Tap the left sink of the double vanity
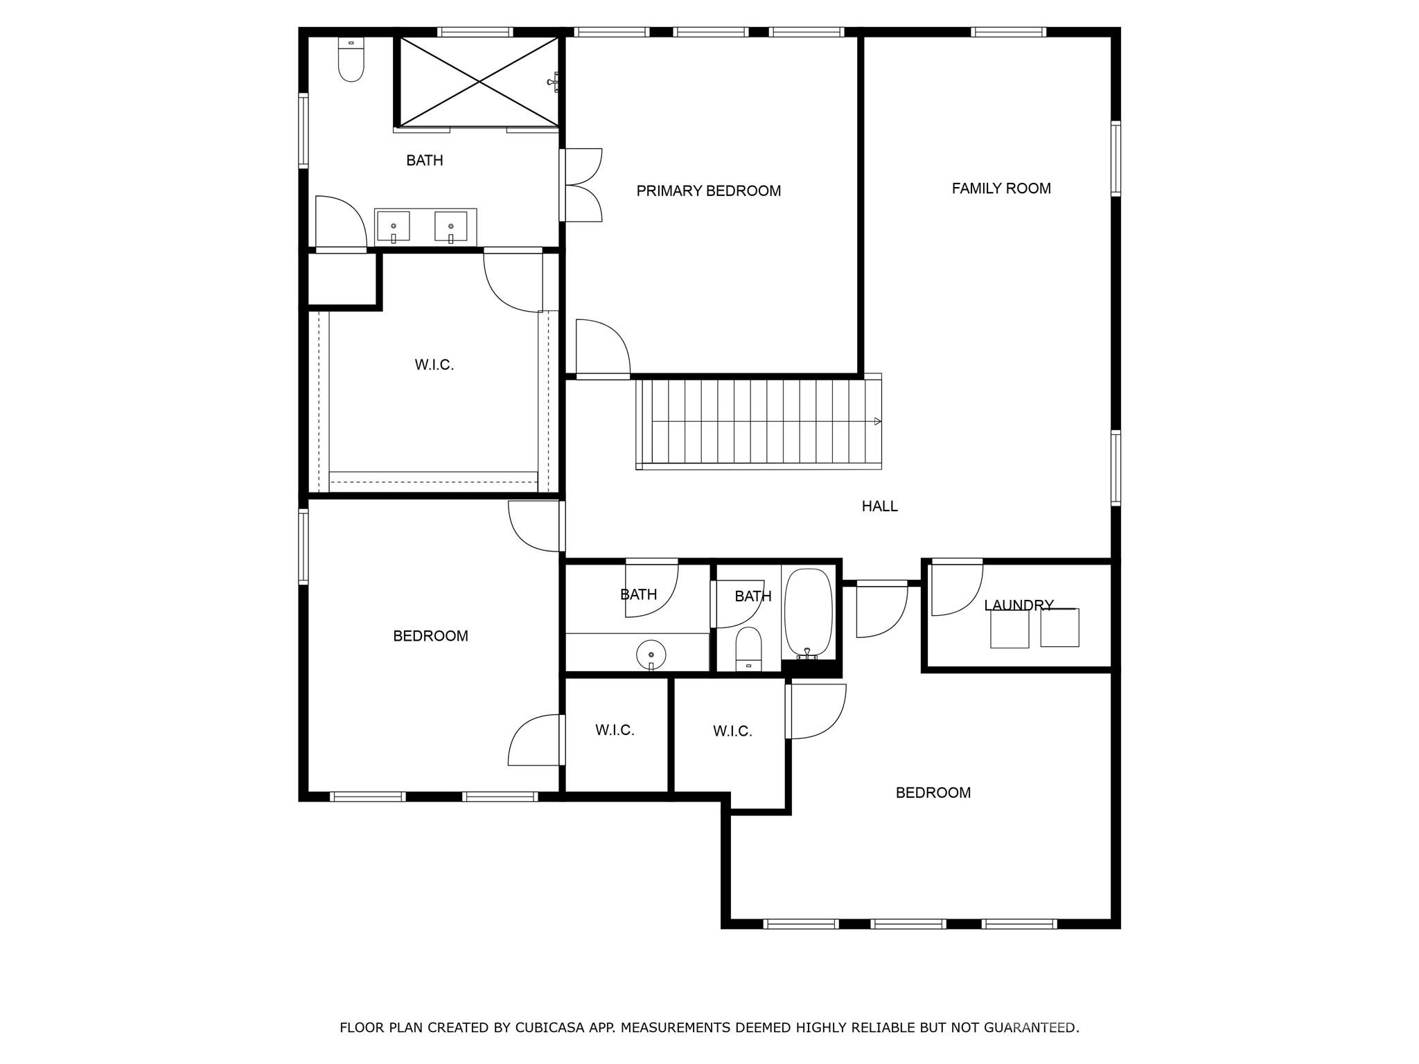coord(393,227)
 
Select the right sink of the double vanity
coord(451,227)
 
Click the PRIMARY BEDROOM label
coord(708,191)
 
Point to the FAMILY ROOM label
coord(1001,188)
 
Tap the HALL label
coord(879,506)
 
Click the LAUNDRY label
coord(1019,605)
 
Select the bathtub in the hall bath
coord(808,612)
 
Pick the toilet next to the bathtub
coord(748,649)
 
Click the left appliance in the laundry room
coord(1010,628)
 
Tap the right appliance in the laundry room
coord(1059,628)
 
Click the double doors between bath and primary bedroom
coord(582,185)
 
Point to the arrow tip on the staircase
coord(878,421)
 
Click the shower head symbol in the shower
coord(553,82)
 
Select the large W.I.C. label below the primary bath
coord(434,365)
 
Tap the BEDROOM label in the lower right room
coord(933,792)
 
